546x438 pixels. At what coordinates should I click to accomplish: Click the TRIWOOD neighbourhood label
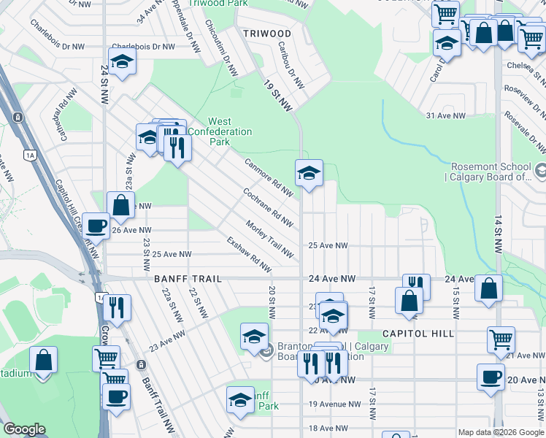(266, 34)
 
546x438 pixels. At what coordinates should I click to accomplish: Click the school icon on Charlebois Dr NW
(123, 61)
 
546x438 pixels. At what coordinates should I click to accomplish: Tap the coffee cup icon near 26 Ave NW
(96, 226)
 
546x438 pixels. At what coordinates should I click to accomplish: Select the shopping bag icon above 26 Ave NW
(121, 205)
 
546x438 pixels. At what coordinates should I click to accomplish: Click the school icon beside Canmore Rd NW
(309, 174)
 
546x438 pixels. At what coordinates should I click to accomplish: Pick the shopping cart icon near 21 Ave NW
(501, 339)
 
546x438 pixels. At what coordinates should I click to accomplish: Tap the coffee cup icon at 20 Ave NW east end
(491, 377)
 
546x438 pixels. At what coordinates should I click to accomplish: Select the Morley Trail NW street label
(269, 239)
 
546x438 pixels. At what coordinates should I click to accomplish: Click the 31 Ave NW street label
(445, 116)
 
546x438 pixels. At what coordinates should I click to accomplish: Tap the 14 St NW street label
(499, 235)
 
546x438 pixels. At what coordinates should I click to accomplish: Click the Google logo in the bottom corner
(24, 429)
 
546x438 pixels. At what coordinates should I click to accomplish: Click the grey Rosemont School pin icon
(541, 172)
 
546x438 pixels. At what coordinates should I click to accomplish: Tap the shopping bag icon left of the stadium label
(43, 360)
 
